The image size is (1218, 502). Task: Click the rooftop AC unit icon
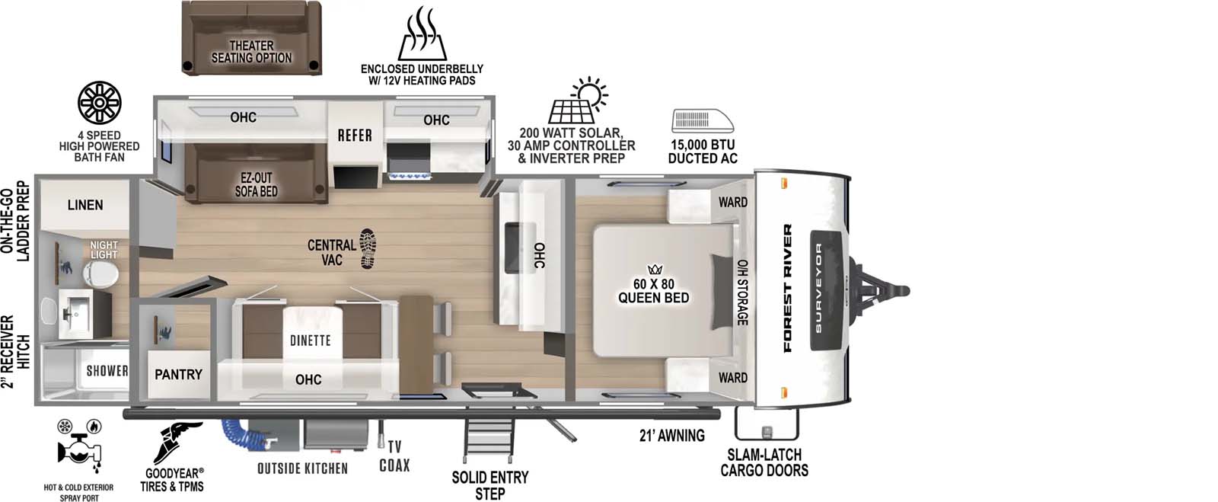(x=702, y=121)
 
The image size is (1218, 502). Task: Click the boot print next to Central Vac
(x=368, y=248)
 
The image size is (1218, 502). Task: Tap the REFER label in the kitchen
(x=355, y=136)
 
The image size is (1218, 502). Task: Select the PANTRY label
(x=178, y=374)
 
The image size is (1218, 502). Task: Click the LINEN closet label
(x=84, y=205)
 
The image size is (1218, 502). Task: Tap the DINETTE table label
(x=310, y=340)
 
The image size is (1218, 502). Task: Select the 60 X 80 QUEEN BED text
(x=653, y=291)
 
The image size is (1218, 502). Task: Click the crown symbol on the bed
(x=655, y=269)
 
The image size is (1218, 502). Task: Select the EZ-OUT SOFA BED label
(x=256, y=185)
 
